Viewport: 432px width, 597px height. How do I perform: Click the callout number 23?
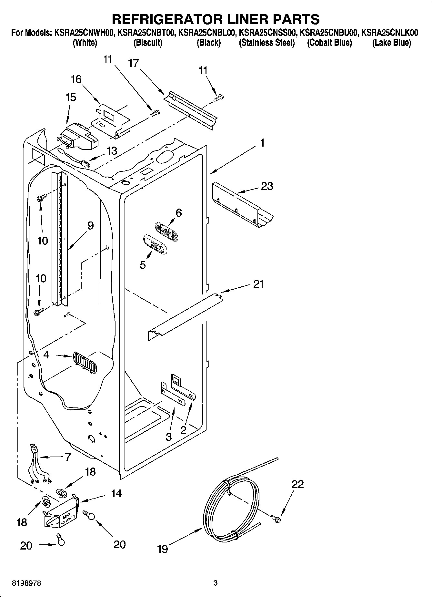267,186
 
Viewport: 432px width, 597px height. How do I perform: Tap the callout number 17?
133,63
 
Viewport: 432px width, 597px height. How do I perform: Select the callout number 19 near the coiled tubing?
163,549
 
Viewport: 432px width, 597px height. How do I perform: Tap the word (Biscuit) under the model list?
148,43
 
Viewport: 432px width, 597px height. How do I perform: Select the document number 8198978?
26,583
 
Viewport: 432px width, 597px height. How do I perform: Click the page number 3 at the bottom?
216,583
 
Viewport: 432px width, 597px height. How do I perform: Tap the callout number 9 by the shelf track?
90,225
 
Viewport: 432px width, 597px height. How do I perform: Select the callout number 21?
258,284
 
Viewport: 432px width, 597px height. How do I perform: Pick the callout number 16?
76,79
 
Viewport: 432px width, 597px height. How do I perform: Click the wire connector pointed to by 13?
85,164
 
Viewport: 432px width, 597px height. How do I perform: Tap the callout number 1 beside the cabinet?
262,142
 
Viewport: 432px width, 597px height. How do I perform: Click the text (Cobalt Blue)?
329,43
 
